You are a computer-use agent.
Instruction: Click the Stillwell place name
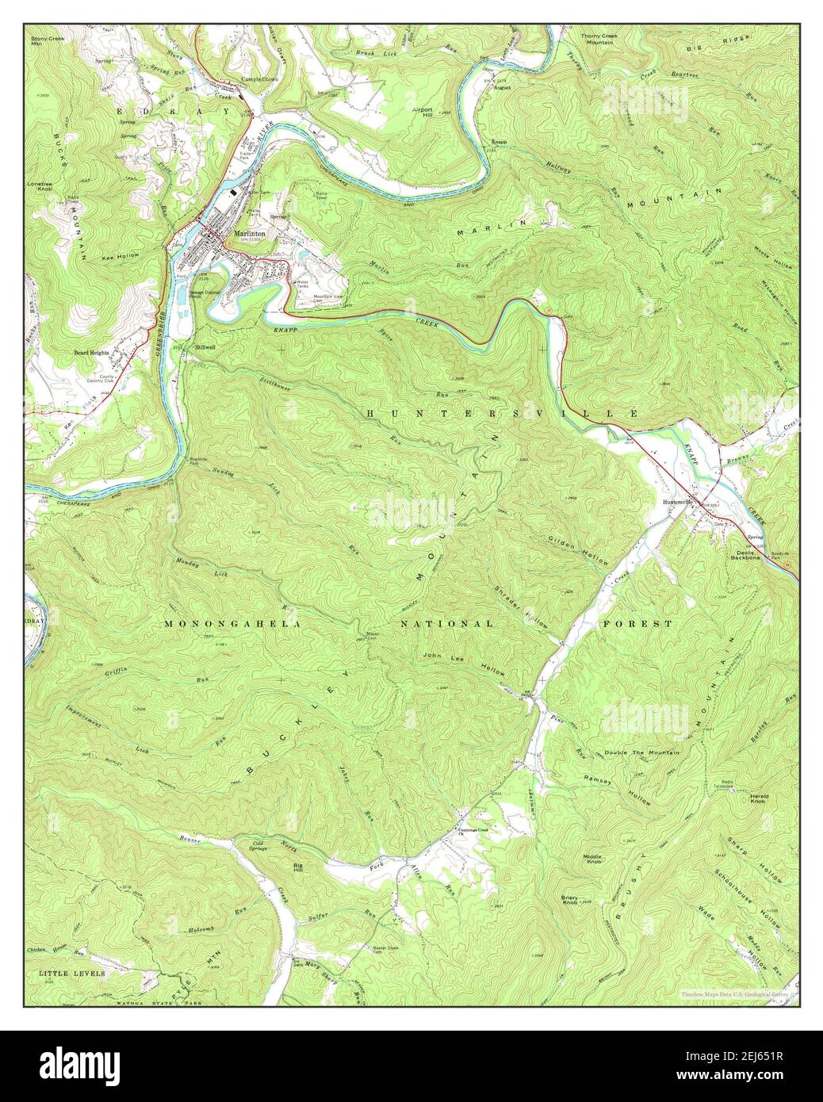pyautogui.click(x=205, y=347)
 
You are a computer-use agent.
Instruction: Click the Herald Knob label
pyautogui.click(x=760, y=802)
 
